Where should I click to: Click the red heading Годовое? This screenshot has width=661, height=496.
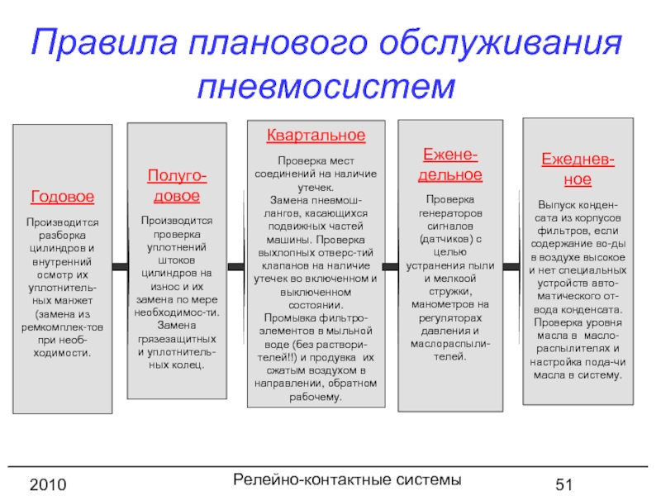point(62,198)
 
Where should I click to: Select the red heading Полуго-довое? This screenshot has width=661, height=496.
point(177,185)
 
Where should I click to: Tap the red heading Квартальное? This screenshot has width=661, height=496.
point(316,135)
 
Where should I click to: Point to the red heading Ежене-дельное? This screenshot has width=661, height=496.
point(450,165)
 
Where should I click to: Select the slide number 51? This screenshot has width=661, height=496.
point(564,483)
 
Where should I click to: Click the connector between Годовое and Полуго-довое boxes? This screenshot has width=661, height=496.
point(119,266)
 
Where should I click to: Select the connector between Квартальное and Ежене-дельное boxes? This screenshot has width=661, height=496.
point(392,266)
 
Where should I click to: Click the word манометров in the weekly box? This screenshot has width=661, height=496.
point(450,304)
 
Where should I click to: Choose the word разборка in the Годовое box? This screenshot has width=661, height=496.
point(63,236)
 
